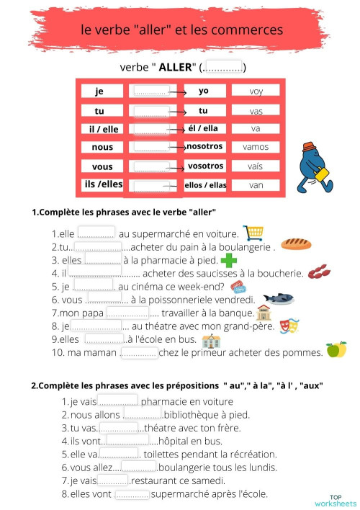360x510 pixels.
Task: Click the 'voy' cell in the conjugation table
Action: coord(256,91)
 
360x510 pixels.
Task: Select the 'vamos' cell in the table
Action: coord(256,147)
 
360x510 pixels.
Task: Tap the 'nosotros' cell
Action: coord(204,146)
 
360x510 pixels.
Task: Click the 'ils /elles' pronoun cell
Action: coord(103,184)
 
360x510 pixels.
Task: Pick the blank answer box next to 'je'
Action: coord(150,91)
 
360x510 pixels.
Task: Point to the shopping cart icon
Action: coord(253,232)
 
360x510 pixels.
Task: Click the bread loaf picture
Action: coord(296,243)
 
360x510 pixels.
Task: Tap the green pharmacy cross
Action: coord(229,260)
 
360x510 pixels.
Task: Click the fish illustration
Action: coord(277,297)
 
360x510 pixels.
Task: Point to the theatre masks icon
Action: coord(289,326)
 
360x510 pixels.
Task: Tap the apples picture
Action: coord(336,350)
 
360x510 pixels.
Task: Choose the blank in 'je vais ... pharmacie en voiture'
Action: coord(118,401)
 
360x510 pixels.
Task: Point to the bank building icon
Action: coord(264,313)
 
